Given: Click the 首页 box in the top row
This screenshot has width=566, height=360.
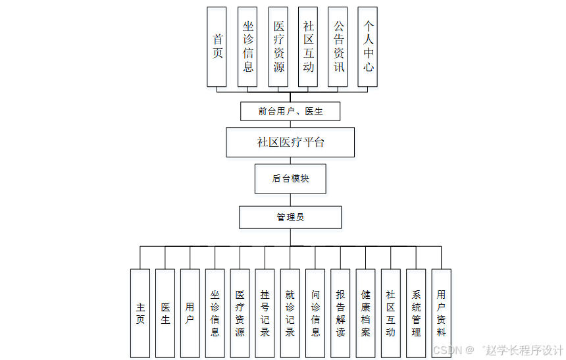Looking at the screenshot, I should point(217,46).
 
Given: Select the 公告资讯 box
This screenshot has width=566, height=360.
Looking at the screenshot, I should point(338,46).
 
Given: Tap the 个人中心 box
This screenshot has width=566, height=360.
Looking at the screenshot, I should point(368,46).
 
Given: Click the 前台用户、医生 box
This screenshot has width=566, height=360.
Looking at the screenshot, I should point(290,111).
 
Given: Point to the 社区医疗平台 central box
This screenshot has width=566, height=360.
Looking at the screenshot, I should point(290,142).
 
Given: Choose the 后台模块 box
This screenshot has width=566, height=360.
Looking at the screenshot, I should point(290,178).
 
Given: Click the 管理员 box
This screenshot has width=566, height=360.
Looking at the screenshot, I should point(290,217).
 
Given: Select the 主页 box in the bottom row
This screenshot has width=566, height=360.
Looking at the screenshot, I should point(140,313).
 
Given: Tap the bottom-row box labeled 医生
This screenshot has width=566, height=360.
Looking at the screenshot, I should point(165,313).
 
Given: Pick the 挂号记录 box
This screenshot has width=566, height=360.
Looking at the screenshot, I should point(265,313).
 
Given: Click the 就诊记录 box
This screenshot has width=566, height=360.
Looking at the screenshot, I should point(290,313).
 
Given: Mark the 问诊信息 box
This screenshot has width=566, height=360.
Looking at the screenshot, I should point(315,313).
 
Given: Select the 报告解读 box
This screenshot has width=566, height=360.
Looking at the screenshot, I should point(340,313).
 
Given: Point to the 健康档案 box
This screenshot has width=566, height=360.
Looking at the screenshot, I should point(365,313).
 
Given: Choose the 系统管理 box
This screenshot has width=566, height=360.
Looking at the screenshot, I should point(416,313).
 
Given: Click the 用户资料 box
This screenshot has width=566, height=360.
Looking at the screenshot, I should point(441,313).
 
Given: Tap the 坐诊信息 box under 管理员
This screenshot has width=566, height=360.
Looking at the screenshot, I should point(215,313).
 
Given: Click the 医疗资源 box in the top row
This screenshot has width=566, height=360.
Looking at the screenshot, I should point(278,46).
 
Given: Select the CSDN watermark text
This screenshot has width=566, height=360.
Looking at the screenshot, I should point(448,350).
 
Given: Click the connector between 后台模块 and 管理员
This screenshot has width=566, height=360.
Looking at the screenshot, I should point(290,199).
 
